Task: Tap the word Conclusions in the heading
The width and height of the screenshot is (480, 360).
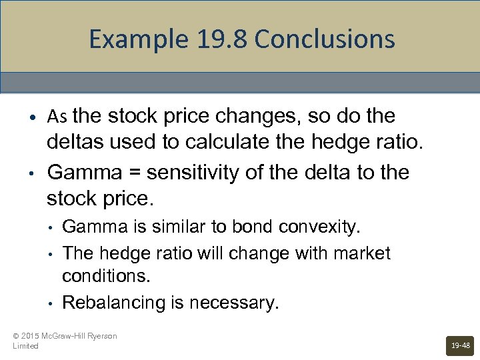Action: (325, 40)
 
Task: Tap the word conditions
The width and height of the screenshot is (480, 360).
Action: (100, 275)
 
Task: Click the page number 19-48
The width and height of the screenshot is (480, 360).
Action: (461, 346)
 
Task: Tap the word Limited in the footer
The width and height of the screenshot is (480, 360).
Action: (25, 346)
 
